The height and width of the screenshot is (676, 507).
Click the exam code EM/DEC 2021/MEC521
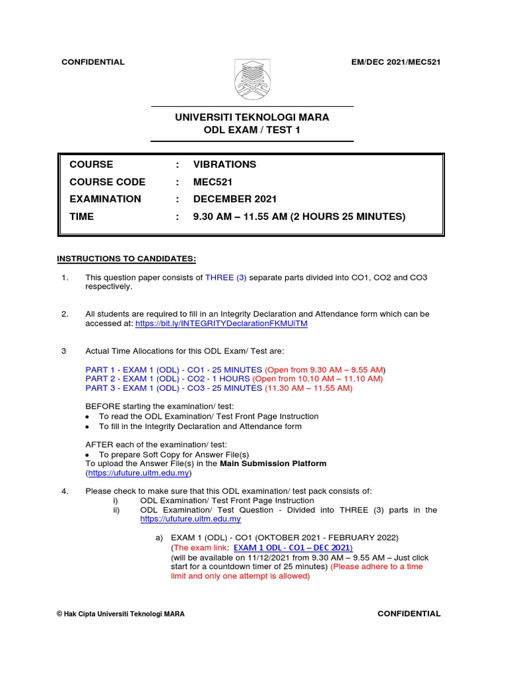tap(397, 62)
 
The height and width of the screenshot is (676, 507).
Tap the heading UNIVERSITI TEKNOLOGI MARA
tap(252, 118)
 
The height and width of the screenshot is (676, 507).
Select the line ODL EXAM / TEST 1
tap(252, 130)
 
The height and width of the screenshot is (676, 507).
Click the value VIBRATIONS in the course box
tap(224, 164)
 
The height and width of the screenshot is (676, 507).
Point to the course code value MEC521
tap(213, 182)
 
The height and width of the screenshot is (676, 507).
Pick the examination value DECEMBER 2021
tap(235, 199)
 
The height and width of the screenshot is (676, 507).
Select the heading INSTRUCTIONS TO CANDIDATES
tap(127, 258)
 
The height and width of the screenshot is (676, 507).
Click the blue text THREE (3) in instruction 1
tap(226, 278)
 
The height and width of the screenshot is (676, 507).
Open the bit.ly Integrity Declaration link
tap(221, 324)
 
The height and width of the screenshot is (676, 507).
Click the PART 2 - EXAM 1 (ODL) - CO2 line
tap(168, 379)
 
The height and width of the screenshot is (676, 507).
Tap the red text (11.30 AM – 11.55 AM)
tap(308, 388)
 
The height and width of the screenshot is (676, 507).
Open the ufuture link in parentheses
tap(139, 473)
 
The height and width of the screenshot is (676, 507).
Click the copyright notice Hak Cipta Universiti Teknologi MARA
tap(121, 614)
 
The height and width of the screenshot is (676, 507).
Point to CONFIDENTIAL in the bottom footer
tap(409, 613)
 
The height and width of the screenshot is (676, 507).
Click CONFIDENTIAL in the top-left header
tap(92, 62)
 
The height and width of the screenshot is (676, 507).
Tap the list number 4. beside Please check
tap(65, 491)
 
